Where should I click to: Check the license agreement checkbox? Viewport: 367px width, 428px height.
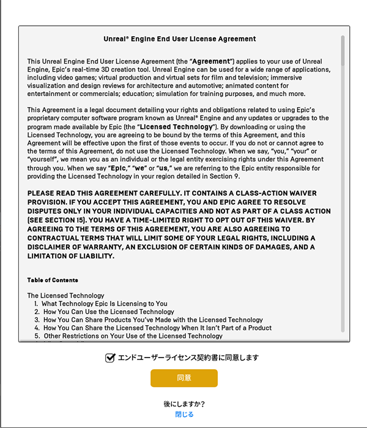click(x=110, y=358)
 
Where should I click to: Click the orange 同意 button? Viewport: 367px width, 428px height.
click(x=184, y=378)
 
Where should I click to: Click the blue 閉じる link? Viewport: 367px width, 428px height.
click(x=184, y=415)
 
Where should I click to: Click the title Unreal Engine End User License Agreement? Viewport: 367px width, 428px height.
click(x=180, y=39)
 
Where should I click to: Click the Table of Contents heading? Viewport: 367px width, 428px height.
click(x=53, y=280)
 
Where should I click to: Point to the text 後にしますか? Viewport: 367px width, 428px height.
click(x=184, y=404)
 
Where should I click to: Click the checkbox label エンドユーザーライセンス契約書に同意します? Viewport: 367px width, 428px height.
click(x=188, y=358)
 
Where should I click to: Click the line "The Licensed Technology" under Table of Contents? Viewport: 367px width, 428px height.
click(x=66, y=296)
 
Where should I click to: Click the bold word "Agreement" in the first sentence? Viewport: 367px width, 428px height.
click(x=212, y=62)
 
